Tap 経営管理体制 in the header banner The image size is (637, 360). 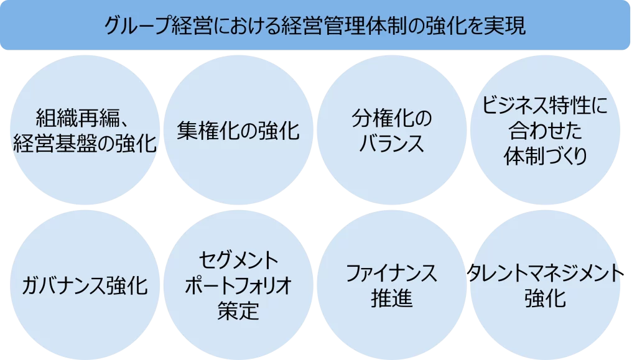click(345, 25)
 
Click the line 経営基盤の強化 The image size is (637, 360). click(85, 144)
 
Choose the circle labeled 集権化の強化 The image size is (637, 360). click(238, 131)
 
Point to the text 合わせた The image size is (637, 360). click(545, 131)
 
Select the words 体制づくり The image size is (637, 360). click(545, 155)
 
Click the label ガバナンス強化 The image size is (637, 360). click(85, 287)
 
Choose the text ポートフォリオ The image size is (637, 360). click(238, 287)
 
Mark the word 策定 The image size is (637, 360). click(238, 311)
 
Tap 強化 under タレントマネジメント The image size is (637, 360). click(545, 299)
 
